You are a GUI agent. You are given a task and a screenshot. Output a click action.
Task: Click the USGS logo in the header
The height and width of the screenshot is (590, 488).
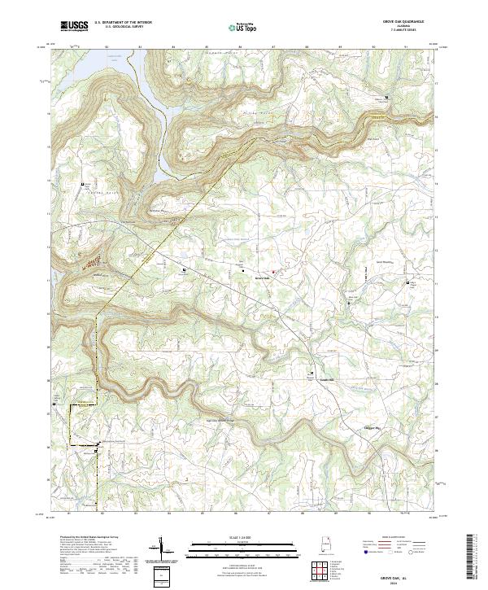click(74, 26)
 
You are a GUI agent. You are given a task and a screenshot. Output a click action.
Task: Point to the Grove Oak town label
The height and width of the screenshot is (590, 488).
click(262, 278)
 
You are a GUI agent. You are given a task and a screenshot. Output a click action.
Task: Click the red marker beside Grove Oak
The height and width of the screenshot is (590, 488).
click(273, 271)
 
